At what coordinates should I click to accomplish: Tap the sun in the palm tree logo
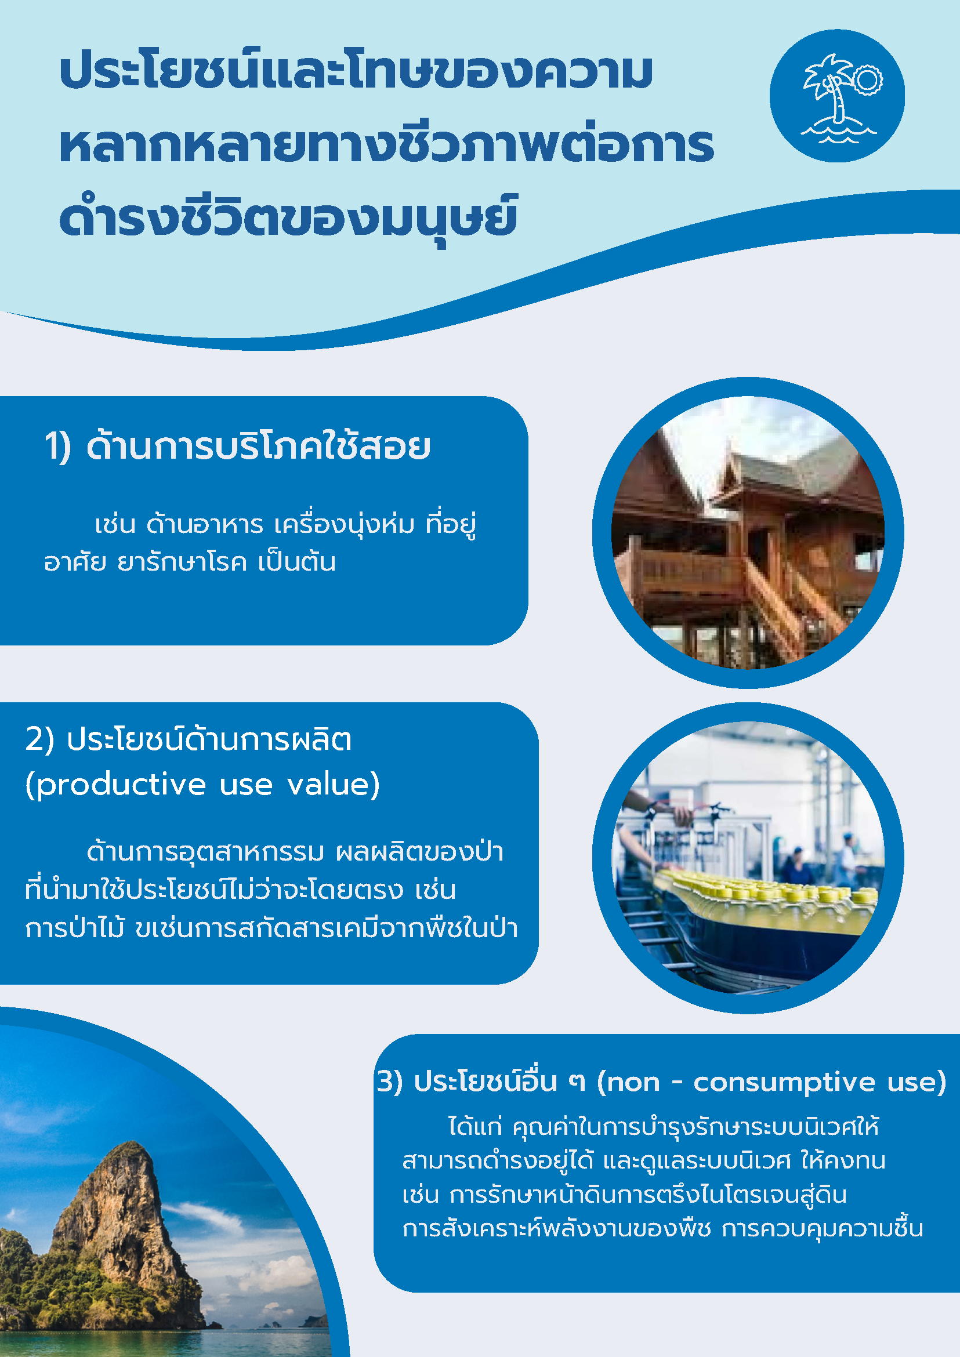click(x=867, y=80)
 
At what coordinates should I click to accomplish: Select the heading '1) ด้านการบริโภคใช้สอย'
click(x=237, y=446)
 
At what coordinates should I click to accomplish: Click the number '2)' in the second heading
click(x=39, y=739)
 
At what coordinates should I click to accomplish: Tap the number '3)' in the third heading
click(x=390, y=1082)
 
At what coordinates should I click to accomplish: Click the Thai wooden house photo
click(x=748, y=532)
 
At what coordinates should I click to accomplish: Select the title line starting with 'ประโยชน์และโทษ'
click(x=357, y=71)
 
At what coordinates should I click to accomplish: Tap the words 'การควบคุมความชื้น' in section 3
click(x=823, y=1229)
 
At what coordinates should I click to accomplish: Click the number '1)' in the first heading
click(x=58, y=447)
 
